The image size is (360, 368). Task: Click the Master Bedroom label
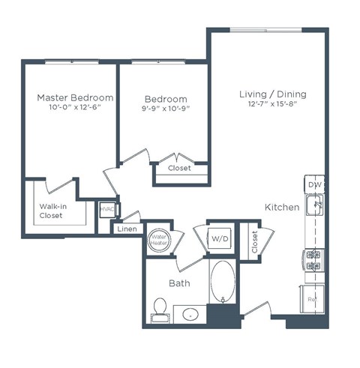point(76,97)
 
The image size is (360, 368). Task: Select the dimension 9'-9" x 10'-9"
point(166,109)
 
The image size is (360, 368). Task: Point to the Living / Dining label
point(272,94)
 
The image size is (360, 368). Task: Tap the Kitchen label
point(282,207)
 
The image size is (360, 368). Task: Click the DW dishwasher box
point(314,184)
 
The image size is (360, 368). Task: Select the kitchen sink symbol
point(316,203)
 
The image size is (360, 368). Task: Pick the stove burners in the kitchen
point(313,260)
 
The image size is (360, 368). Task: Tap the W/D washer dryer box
point(220,238)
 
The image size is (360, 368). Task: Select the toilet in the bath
point(160,307)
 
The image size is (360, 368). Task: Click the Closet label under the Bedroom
point(178,169)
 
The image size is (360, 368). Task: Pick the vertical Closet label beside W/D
point(254,241)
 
